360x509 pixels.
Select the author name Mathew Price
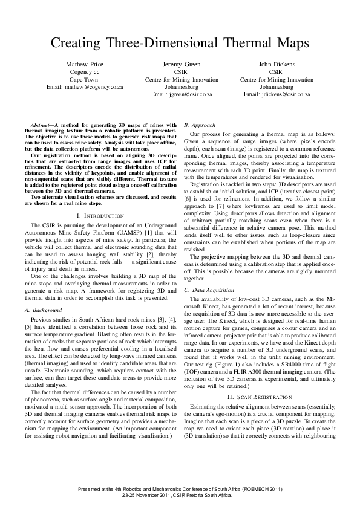[85, 63]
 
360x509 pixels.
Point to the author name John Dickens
[277, 63]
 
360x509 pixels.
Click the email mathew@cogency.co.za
[85, 87]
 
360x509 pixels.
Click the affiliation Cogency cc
[85, 71]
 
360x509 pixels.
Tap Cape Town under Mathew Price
[85, 79]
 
